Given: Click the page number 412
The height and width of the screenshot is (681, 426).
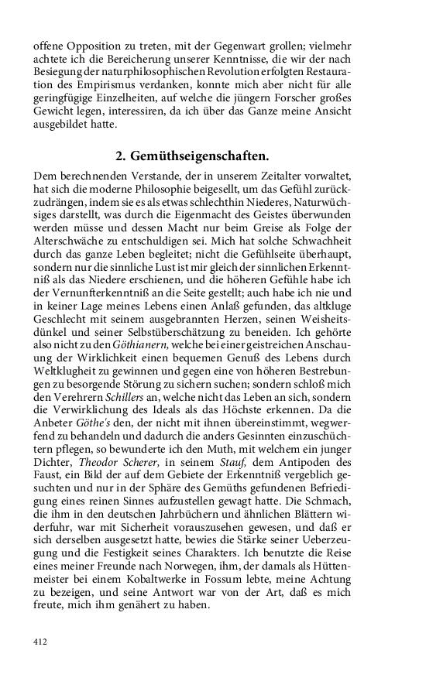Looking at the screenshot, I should [41, 641].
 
